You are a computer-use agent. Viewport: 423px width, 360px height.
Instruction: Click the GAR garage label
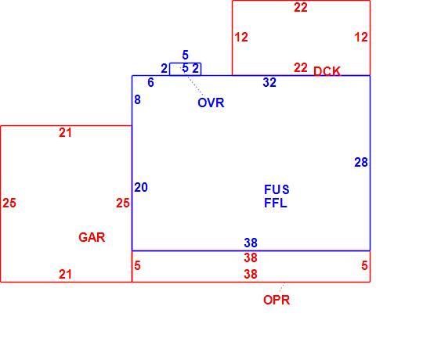92,237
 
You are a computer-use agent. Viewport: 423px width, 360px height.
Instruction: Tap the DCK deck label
327,71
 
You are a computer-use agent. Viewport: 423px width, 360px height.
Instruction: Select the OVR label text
211,103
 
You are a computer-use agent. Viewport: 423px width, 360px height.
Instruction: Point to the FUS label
277,189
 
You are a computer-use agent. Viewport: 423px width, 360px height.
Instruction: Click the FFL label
276,203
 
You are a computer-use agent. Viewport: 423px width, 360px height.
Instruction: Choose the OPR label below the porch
277,300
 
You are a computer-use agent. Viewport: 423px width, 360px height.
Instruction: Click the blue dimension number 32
269,82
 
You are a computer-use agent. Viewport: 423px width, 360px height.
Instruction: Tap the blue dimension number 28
361,162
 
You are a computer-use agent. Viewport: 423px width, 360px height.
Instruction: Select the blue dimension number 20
141,187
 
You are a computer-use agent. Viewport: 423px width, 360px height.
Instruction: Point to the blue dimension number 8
137,99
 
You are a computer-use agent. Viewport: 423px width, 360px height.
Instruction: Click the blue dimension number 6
151,82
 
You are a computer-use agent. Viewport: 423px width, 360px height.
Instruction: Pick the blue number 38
251,243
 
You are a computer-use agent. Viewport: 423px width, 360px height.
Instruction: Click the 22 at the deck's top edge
301,7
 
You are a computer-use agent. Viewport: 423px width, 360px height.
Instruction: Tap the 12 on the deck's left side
241,38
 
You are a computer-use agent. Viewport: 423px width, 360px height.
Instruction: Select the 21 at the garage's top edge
66,133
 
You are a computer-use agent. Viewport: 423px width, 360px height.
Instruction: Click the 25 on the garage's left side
9,203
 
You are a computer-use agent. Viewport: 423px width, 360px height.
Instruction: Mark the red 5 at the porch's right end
364,265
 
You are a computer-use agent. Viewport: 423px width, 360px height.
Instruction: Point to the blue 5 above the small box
185,55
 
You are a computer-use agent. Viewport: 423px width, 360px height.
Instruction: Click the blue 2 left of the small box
164,68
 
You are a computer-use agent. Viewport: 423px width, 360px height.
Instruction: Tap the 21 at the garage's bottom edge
66,275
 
